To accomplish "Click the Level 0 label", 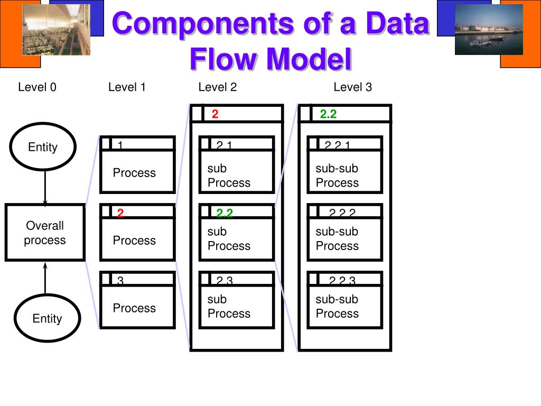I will [37, 87].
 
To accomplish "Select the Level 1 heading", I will [127, 87].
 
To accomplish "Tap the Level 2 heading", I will [217, 87].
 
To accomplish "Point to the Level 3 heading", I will [352, 87].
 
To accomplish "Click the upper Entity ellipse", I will [43, 147].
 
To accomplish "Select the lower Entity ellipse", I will [47, 318].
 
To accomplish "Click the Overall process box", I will [45, 233].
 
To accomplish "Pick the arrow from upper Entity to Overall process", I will [45, 188].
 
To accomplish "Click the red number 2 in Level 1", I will [120, 213].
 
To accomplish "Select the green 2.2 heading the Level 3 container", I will [328, 114].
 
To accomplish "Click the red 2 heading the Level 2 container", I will [215, 114].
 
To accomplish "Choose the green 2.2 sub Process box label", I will [225, 213].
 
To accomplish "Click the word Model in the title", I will [309, 59].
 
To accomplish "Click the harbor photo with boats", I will [489, 30].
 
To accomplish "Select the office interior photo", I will [56, 30].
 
